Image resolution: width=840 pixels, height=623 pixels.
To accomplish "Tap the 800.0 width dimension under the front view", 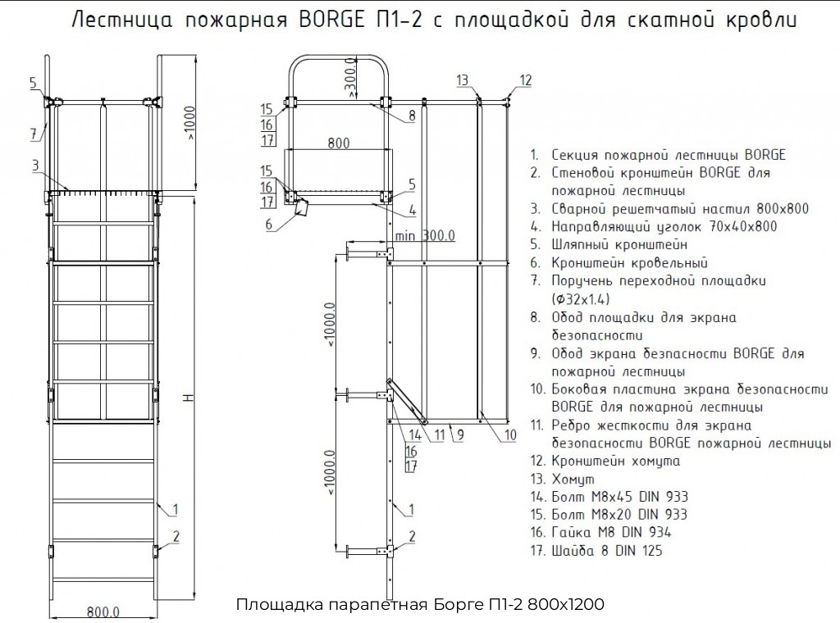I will [103, 612].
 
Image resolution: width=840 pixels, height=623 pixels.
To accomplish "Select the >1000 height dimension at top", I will [193, 122].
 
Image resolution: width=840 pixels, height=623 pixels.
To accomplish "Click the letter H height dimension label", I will [188, 398].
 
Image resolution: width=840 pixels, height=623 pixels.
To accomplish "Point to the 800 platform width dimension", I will [338, 143].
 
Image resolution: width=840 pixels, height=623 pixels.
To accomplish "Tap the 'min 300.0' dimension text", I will [424, 236].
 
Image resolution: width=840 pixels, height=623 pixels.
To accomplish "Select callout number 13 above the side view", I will [463, 80].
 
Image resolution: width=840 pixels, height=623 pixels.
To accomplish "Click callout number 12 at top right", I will [525, 80].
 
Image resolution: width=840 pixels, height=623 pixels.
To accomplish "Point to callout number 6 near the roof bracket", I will [268, 224].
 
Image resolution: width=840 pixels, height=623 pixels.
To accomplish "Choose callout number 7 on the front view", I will [34, 134].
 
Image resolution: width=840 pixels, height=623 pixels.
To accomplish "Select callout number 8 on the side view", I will [412, 116].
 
